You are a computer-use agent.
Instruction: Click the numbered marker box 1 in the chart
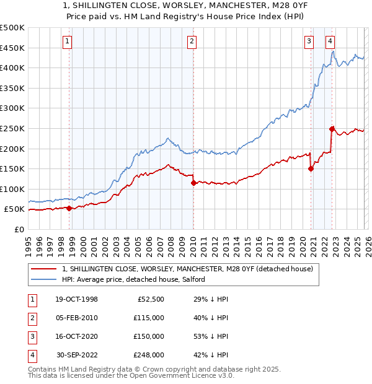[x=67, y=41]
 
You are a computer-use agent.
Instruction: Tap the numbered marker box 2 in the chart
[x=192, y=41]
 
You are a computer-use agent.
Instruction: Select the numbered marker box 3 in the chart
[x=309, y=41]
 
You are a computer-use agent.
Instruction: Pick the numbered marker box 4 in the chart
[x=330, y=41]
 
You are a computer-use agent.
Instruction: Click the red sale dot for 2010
[x=193, y=183]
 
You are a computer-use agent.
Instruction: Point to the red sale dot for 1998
[x=69, y=208]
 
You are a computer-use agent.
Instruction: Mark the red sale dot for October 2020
[x=311, y=169]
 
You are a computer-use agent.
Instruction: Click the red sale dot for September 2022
[x=332, y=129]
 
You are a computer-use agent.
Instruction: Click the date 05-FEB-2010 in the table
[x=77, y=317]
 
